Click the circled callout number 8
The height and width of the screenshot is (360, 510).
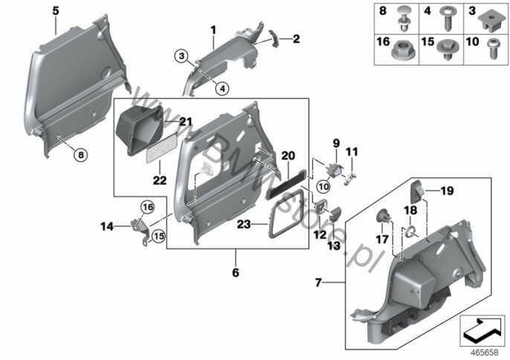pos(80,154)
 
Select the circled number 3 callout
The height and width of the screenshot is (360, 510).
pos(181,56)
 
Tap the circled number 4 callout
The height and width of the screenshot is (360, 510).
pos(222,89)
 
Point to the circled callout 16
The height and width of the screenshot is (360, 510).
pos(147,208)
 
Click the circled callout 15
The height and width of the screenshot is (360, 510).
pos(158,236)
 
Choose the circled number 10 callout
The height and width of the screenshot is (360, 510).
pos(323,187)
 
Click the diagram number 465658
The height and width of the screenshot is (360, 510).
pos(485,353)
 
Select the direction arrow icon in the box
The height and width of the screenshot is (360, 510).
pos(482,330)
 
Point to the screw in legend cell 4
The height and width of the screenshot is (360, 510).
pos(448,19)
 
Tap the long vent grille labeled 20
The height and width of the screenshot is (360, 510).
pos(286,184)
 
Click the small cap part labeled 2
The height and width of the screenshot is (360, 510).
pos(274,39)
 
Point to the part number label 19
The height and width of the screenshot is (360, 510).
pos(448,190)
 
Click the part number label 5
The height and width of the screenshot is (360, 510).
pos(56,11)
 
